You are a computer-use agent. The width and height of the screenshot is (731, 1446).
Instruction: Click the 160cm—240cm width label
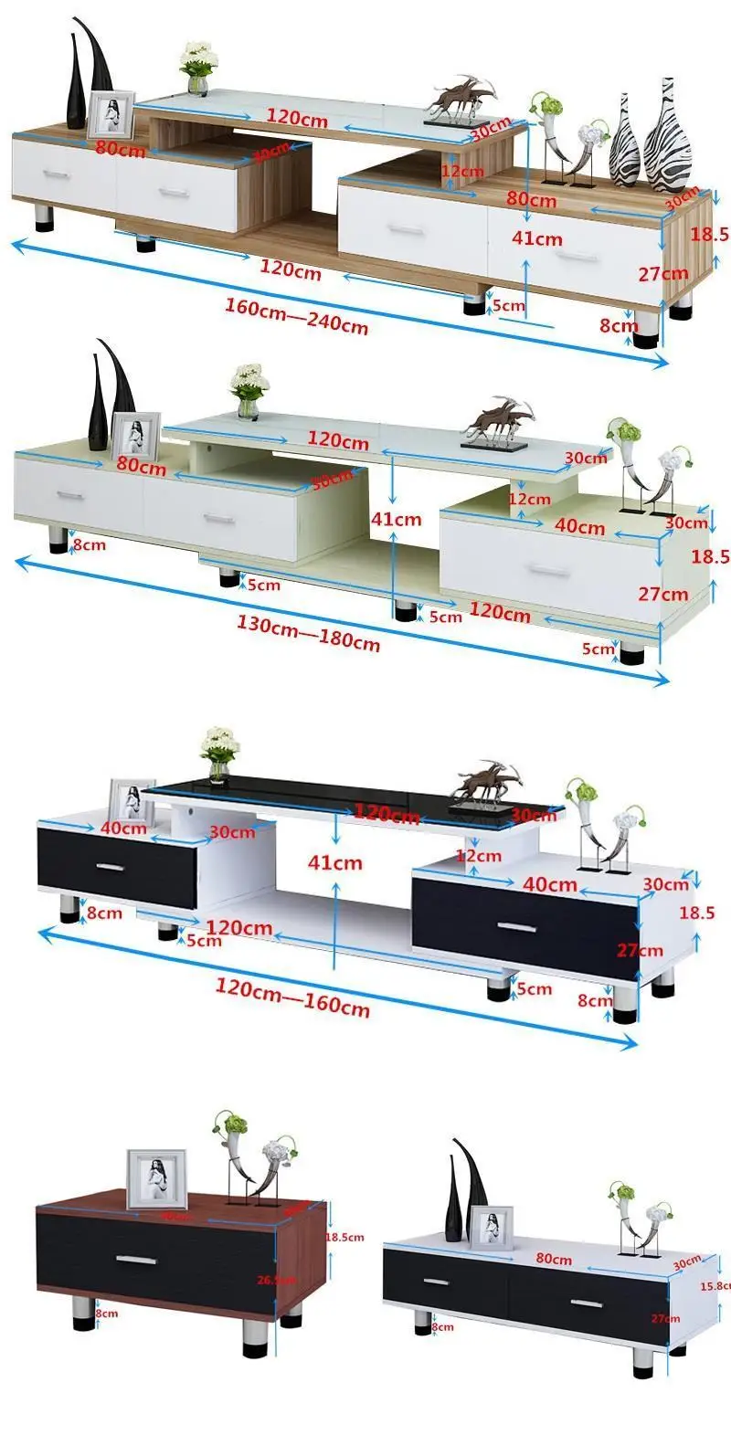(x=296, y=315)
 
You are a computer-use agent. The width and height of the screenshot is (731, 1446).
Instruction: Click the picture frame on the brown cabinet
(x=156, y=1178)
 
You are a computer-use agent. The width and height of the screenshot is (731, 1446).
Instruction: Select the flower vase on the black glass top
(x=219, y=755)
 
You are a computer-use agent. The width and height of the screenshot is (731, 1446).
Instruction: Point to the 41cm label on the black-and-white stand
(x=335, y=862)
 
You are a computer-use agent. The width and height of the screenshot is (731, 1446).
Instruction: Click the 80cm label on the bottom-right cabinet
(x=554, y=1259)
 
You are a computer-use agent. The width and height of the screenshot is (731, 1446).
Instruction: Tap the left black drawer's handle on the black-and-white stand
(x=110, y=866)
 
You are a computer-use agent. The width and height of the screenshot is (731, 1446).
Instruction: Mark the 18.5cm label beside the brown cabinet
(x=345, y=1238)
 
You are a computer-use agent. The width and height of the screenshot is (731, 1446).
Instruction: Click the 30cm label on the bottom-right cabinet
(x=687, y=1263)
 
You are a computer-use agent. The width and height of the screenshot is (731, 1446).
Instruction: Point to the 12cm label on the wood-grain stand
(x=462, y=171)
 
